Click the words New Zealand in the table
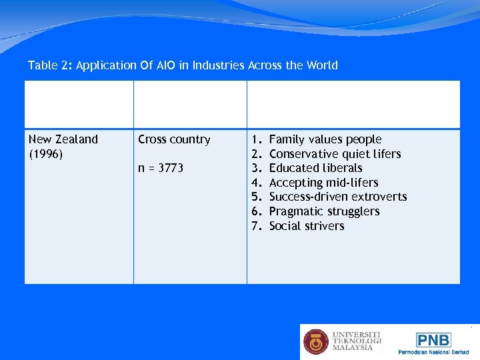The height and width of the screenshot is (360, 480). pyautogui.click(x=63, y=139)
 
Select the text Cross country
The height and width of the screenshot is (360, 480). pyautogui.click(x=174, y=139)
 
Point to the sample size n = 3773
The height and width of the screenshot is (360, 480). pyautogui.click(x=161, y=168)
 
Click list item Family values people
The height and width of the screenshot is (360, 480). pyautogui.click(x=325, y=139)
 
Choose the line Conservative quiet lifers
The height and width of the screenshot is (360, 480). pyautogui.click(x=335, y=154)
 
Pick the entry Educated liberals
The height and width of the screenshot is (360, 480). pyautogui.click(x=315, y=168)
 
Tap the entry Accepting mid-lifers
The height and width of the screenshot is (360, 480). pyautogui.click(x=323, y=183)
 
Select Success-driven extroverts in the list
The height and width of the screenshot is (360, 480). pyautogui.click(x=337, y=197)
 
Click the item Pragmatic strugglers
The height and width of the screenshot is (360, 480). pyautogui.click(x=324, y=211)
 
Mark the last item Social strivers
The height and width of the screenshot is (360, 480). pyautogui.click(x=307, y=226)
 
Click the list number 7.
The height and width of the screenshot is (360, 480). pyautogui.click(x=255, y=226)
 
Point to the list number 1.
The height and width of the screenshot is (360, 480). pyautogui.click(x=255, y=139)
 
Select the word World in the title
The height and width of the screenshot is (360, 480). pyautogui.click(x=321, y=65)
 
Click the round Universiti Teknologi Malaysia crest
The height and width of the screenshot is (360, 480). pyautogui.click(x=316, y=341)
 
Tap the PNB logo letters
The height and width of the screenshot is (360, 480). pyautogui.click(x=433, y=340)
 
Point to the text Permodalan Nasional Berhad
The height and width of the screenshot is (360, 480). pyautogui.click(x=433, y=352)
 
